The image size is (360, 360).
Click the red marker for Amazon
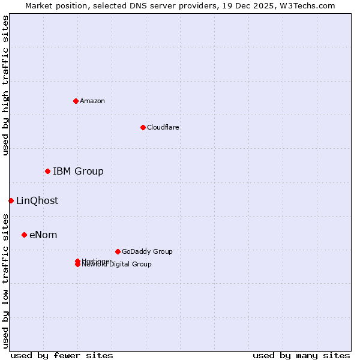click(x=76, y=101)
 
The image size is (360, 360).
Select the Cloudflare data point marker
click(x=143, y=127)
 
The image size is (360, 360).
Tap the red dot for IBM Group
click(x=47, y=172)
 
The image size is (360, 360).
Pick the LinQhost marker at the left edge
click(x=11, y=200)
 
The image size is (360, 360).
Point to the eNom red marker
click(x=24, y=235)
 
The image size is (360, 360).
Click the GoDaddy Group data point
click(x=118, y=251)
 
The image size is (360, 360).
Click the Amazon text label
click(x=92, y=101)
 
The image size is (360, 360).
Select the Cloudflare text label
click(x=163, y=127)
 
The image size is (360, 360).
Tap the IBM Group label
click(x=78, y=172)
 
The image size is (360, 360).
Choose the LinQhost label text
click(x=37, y=201)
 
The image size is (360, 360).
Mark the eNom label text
click(x=43, y=235)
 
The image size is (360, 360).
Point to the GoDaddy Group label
click(x=147, y=251)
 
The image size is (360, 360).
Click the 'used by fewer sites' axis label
click(x=62, y=355)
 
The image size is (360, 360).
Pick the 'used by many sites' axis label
click(x=301, y=355)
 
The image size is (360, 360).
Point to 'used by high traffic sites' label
click(x=5, y=85)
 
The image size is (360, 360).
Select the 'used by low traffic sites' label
click(x=5, y=280)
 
